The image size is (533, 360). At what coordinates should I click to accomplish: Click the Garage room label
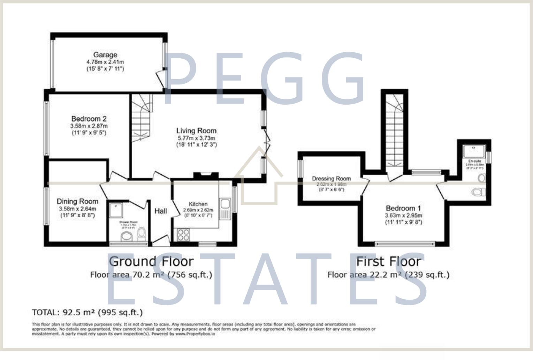[x=105, y=55]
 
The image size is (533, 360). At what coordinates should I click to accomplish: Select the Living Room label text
[x=196, y=131]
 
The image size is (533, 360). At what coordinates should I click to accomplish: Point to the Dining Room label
[x=77, y=201]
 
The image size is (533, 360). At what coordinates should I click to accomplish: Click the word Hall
[x=161, y=211]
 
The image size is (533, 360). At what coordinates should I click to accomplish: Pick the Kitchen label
[x=198, y=204]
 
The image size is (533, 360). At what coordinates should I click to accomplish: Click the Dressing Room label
[x=331, y=179]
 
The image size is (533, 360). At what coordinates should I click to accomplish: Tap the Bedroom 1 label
[x=403, y=208]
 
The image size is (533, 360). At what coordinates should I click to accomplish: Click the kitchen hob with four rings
[x=184, y=234]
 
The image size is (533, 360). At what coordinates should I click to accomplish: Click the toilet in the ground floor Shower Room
[x=142, y=234]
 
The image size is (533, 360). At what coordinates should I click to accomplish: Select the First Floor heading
[x=388, y=261]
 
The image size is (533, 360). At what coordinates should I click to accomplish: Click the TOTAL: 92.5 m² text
[x=87, y=312]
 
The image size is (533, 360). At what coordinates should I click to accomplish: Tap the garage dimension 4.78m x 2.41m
[x=105, y=62]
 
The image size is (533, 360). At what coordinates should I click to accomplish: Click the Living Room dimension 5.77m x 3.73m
[x=196, y=138]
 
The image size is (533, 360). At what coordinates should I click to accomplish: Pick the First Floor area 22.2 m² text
[x=388, y=275]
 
